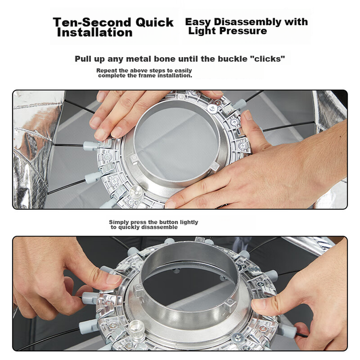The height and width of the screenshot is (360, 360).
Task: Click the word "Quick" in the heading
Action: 154,22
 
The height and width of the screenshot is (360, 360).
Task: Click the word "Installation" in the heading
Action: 95,32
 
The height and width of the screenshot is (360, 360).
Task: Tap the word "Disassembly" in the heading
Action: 247,22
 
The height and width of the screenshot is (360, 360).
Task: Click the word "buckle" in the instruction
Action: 232,59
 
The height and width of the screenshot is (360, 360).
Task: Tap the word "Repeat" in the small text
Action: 106,70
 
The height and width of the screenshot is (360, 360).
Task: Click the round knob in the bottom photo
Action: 137,329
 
